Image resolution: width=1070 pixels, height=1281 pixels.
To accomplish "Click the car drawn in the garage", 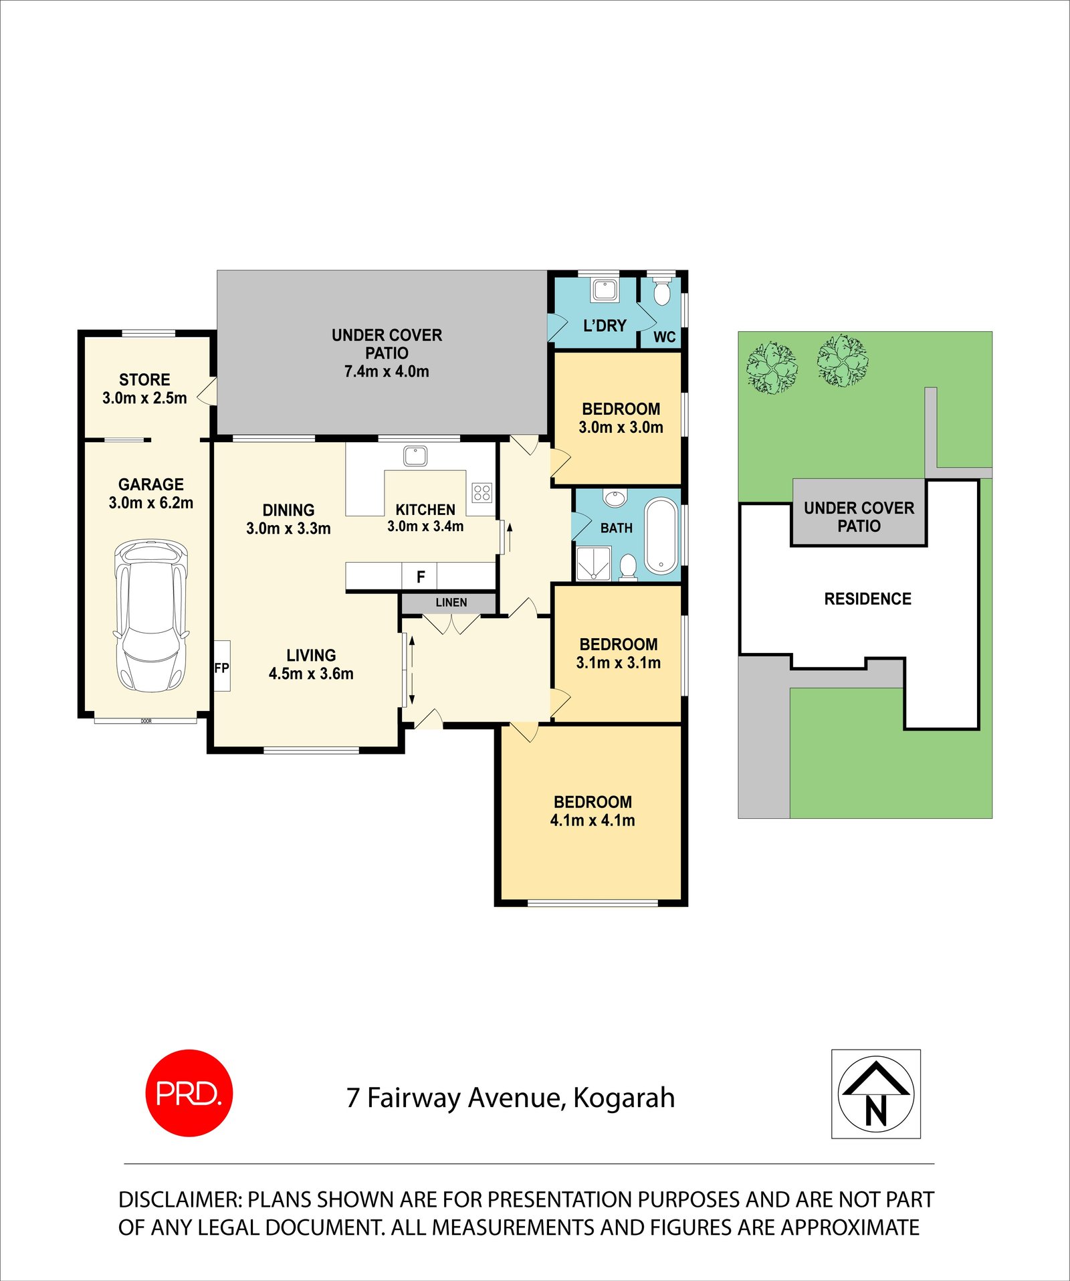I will click(x=150, y=616).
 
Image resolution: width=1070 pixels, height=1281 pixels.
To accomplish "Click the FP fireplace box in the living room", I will click(x=222, y=666).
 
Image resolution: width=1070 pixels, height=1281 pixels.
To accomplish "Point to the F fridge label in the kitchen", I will click(x=421, y=576).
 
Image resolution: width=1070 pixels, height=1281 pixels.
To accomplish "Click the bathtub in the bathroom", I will click(x=661, y=536).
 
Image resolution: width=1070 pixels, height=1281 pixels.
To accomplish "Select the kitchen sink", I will click(x=415, y=456).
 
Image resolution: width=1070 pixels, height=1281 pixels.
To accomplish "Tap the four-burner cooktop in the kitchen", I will click(x=482, y=493).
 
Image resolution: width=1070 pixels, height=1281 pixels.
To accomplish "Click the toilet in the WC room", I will click(x=661, y=293).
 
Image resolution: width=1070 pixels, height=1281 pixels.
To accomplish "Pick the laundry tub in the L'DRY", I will click(x=605, y=290).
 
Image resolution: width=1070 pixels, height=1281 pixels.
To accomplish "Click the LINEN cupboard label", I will click(x=451, y=603).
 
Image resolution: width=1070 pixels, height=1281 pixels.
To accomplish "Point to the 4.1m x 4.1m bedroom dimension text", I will click(x=593, y=820).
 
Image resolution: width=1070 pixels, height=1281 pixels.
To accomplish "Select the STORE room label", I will click(x=144, y=379).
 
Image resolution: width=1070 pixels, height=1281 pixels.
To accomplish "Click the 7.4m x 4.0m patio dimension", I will click(x=387, y=371).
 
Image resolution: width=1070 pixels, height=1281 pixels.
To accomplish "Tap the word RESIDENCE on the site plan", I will click(x=867, y=599).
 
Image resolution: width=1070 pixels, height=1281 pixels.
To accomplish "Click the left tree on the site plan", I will click(x=772, y=367).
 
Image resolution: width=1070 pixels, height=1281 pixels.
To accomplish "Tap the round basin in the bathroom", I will click(x=615, y=498).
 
